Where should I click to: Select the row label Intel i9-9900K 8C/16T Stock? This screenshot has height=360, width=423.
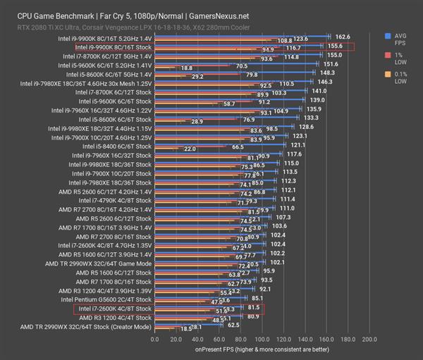coord(114,46)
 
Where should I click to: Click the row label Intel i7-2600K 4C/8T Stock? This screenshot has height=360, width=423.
coord(114,309)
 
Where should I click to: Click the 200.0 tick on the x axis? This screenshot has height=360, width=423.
coord(368,340)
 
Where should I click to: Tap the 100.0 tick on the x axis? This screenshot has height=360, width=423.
coord(261,340)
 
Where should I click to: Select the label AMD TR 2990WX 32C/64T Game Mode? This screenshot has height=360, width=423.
coord(101,263)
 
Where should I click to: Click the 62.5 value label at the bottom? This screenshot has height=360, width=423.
coord(233,325)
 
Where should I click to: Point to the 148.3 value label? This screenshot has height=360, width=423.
coord(326,73)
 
